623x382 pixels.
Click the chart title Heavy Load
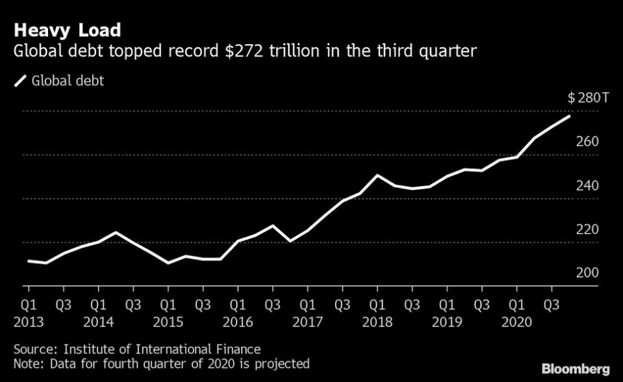(x=66, y=30)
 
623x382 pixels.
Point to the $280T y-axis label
(x=589, y=98)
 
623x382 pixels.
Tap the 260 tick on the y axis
(x=587, y=142)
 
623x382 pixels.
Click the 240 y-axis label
(x=587, y=186)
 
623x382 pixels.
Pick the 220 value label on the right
(x=587, y=229)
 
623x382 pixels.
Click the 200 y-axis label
(x=587, y=273)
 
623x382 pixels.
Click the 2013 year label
(x=29, y=322)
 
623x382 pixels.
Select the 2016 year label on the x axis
(x=238, y=322)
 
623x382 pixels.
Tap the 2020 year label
(x=517, y=322)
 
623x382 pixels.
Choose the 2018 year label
(x=377, y=322)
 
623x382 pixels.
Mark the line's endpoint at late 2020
(x=570, y=116)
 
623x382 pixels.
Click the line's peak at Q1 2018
(x=377, y=175)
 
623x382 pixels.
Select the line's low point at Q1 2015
(x=168, y=263)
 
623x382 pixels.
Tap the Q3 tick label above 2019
(x=482, y=303)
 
